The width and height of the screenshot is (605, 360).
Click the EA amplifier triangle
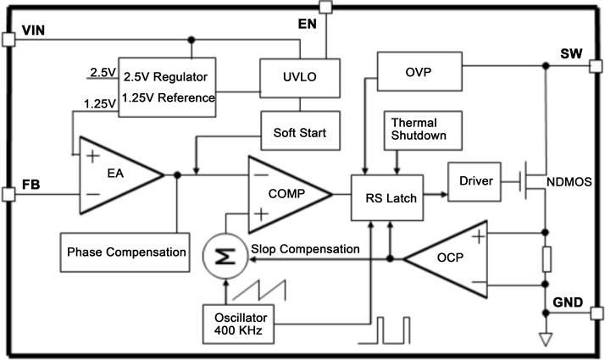(114, 175)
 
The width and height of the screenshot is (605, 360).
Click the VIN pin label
(34, 31)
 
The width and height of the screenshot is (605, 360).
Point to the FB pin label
(31, 180)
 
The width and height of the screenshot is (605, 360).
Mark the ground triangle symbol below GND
(547, 341)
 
